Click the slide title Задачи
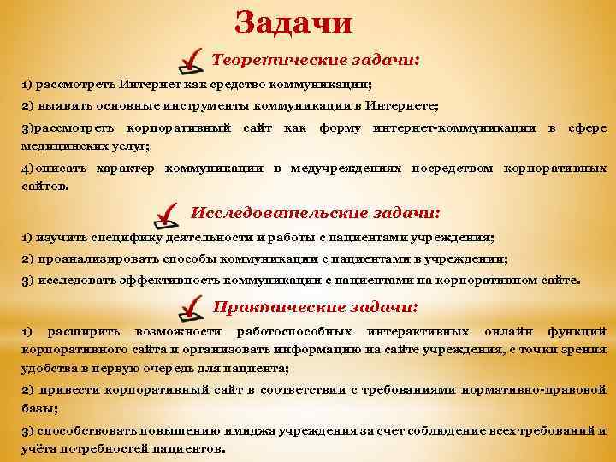pyautogui.click(x=293, y=21)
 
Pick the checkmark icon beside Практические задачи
pyautogui.click(x=193, y=304)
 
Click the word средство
pyautogui.click(x=227, y=86)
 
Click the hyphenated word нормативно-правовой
pyautogui.click(x=538, y=390)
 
